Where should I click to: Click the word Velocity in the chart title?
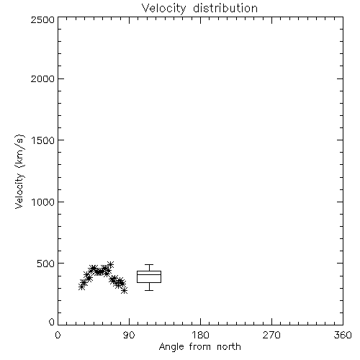tap(163, 9)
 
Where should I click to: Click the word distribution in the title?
tap(225, 8)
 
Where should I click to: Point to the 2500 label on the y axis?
tap(42, 19)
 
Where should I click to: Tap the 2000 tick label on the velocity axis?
tap(42, 78)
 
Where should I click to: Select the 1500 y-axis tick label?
tap(43, 140)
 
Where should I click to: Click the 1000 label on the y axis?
tap(43, 202)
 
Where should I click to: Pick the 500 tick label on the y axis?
tap(46, 264)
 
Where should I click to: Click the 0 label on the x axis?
tap(58, 335)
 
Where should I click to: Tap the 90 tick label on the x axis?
tap(129, 335)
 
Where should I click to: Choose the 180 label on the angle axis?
tap(200, 335)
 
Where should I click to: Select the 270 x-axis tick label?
tap(271, 335)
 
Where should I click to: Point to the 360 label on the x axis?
tap(343, 335)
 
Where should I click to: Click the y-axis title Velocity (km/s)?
tap(19, 171)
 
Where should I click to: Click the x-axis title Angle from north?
tap(200, 347)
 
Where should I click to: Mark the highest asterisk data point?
tap(110, 264)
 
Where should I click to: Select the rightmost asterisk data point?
tap(124, 291)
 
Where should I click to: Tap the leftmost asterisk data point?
tap(81, 287)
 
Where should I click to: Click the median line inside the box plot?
tap(149, 274)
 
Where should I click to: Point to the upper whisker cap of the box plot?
tap(149, 265)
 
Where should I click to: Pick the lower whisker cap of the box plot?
tap(149, 290)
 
